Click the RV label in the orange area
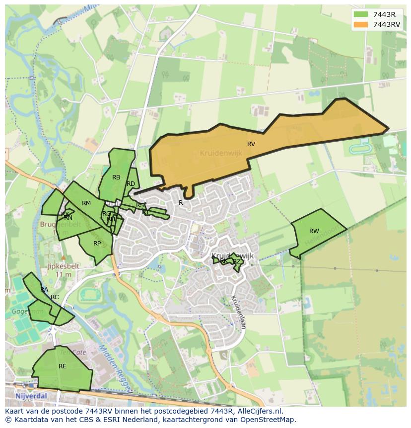[x=251, y=144]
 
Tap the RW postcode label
[x=314, y=231]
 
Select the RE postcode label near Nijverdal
[x=63, y=366]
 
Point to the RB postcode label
[x=116, y=177]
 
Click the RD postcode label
[x=131, y=184]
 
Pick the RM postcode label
[x=86, y=203]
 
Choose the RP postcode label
[x=97, y=244]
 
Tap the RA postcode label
[x=44, y=290]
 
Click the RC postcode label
[x=55, y=297]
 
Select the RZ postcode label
[x=237, y=261]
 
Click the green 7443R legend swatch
[x=361, y=14]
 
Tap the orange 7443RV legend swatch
[x=361, y=24]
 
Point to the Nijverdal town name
[x=30, y=396]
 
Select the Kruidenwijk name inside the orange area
[x=221, y=154]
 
